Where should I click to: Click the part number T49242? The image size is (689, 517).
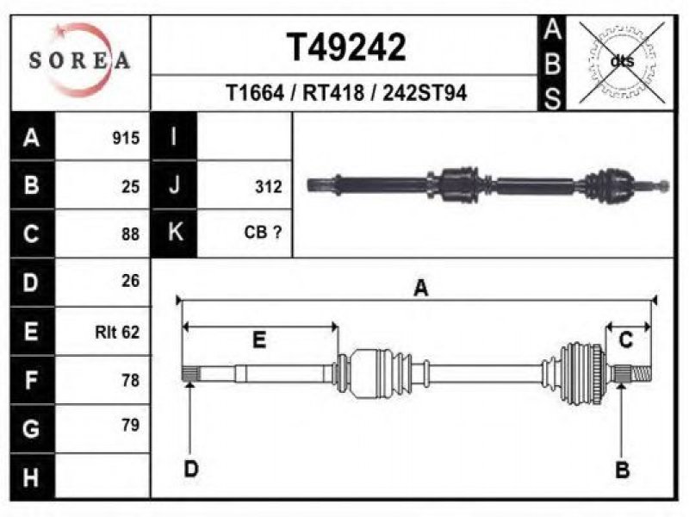coord(346,47)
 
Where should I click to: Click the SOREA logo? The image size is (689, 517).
coord(79,60)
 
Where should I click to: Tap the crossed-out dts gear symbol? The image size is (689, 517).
coord(622,62)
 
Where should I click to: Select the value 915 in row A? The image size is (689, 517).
coord(126,138)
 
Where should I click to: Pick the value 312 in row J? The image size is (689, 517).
coord(268,187)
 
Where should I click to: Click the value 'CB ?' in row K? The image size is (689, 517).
coord(263,232)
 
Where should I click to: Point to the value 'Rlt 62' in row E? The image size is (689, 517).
coord(117,332)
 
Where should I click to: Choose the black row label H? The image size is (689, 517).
coord(32,477)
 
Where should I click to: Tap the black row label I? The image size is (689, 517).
coord(174,136)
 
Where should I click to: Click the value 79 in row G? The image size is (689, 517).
coord(131,425)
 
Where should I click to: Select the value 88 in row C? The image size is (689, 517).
coord(131,234)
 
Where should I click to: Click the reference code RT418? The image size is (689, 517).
coord(333,93)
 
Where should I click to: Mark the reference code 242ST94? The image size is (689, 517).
coord(425,93)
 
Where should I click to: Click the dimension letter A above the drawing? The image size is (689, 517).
coord(421,289)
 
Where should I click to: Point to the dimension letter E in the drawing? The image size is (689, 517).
coord(259,339)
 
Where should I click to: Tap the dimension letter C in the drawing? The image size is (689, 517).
coord(626,340)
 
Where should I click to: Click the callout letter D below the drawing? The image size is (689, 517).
coord(191,469)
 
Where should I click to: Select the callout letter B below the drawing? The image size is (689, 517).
coord(622,470)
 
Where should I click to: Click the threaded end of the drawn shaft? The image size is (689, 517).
coord(642,374)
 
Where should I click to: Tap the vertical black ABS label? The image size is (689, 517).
coord(552,63)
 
